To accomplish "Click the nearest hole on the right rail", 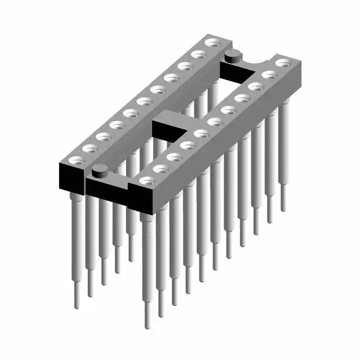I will tap(147, 181).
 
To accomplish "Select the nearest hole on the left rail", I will tap(75, 160).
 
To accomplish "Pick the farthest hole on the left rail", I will tap(211, 42).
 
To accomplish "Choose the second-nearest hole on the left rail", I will tap(89, 148).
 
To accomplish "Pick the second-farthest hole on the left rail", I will tap(197, 54).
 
